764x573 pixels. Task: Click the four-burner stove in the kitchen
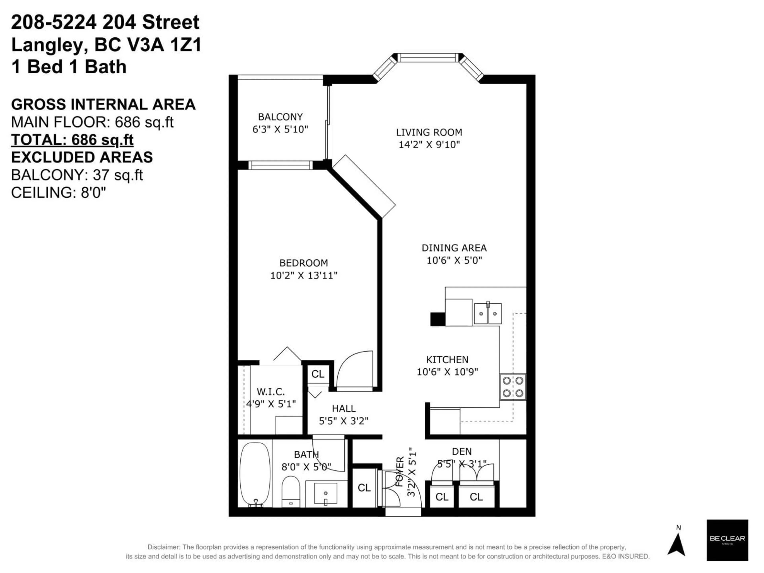(x=513, y=387)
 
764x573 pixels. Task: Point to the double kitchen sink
(x=488, y=314)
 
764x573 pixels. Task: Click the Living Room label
(x=429, y=132)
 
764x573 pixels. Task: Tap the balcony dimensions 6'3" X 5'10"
(x=280, y=129)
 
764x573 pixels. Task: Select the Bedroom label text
(x=304, y=263)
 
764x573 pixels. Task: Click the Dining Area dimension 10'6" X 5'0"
(x=454, y=260)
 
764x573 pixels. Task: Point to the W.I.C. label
(x=271, y=392)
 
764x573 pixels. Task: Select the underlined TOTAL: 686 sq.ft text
(x=72, y=140)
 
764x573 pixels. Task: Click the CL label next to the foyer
(x=364, y=488)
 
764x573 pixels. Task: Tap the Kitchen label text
(x=447, y=360)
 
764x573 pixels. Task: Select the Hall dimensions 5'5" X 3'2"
(x=344, y=421)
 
